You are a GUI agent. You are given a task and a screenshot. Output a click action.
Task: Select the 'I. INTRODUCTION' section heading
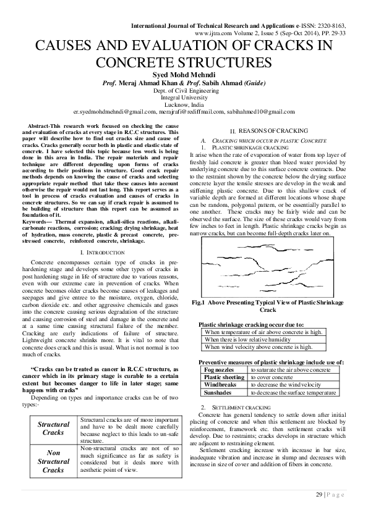pos(101,253)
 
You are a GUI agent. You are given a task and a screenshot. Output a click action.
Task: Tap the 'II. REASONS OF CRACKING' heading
pos(264,132)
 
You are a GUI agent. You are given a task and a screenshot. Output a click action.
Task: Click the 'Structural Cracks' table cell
pos(53,429)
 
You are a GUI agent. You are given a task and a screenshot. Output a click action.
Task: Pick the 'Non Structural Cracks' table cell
pos(53,461)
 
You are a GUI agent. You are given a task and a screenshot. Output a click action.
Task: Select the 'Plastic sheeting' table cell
pos(224,377)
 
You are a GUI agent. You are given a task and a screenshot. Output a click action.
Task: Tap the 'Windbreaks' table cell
pos(220,384)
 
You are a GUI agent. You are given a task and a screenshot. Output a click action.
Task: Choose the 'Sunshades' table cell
pos(218,392)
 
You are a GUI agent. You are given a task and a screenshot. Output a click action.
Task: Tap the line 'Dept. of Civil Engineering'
pos(184,90)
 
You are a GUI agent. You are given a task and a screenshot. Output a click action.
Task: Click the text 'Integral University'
pos(184,98)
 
